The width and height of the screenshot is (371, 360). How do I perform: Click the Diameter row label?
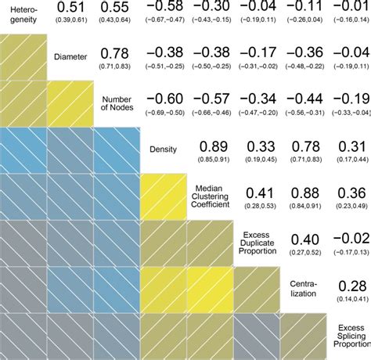(x=70, y=56)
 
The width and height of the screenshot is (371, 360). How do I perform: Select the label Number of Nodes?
(x=117, y=103)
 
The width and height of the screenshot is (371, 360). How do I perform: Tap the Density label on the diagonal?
(x=164, y=149)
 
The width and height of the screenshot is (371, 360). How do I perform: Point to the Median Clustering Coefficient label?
(x=210, y=194)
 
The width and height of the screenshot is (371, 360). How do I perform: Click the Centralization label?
(x=303, y=289)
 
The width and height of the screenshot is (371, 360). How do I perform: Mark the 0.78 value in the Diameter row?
(x=116, y=52)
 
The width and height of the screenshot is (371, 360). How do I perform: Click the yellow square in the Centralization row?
(x=210, y=288)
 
